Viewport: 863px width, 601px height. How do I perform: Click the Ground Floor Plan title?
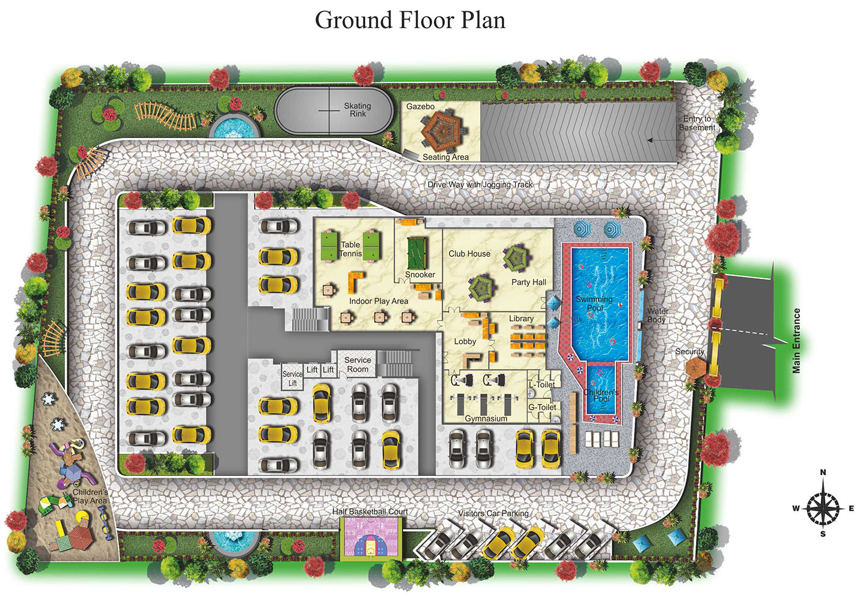click(410, 20)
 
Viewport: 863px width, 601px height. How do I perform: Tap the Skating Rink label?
click(358, 110)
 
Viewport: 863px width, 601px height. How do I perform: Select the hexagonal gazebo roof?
click(443, 130)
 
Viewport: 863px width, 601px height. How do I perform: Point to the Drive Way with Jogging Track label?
click(480, 185)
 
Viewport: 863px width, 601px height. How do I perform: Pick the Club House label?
click(469, 254)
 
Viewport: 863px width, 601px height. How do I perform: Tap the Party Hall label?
click(529, 282)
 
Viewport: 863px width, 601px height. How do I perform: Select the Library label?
click(521, 319)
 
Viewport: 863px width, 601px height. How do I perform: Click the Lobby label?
click(465, 341)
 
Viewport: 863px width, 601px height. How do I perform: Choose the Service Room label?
click(358, 364)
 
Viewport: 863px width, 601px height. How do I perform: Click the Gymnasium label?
click(486, 418)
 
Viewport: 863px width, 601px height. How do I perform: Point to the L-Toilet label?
click(541, 385)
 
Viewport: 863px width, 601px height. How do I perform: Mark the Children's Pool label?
click(601, 395)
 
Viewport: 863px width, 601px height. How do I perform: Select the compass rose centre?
click(823, 508)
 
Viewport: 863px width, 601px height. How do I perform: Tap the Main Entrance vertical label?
click(796, 341)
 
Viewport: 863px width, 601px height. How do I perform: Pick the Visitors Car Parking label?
click(493, 513)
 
